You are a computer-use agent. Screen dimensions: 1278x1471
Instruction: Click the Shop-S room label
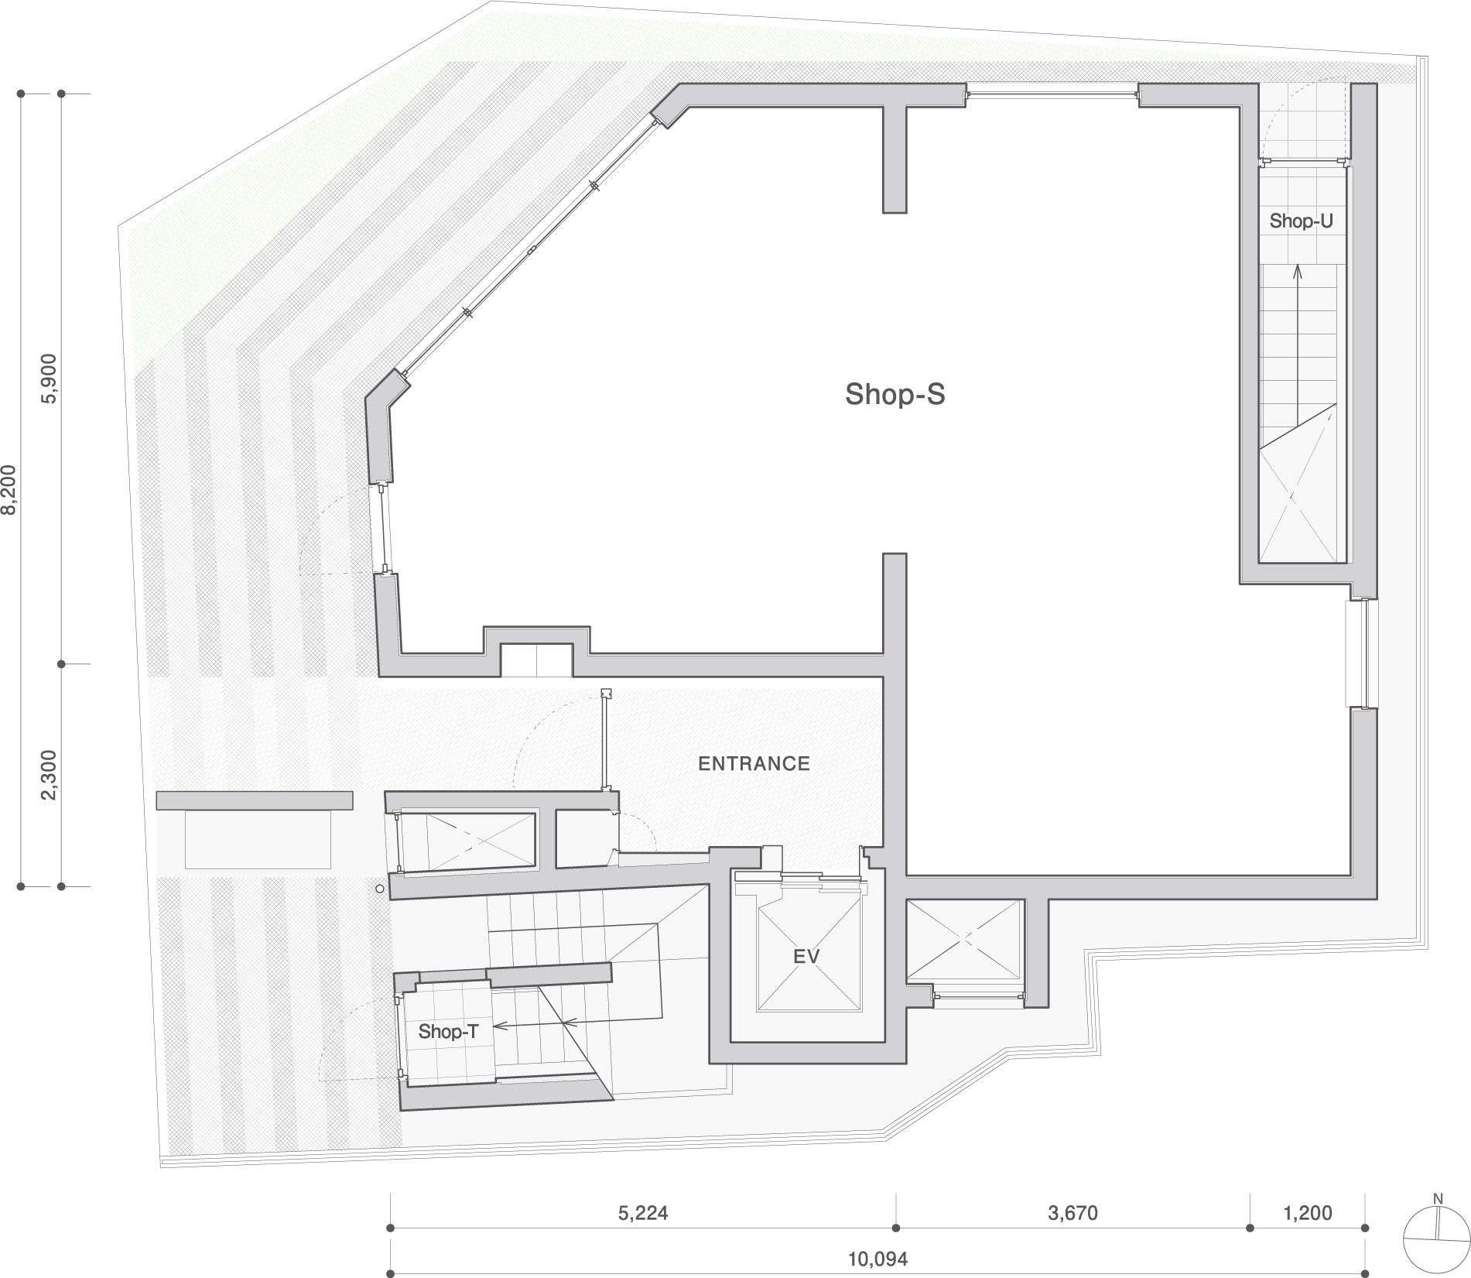[x=895, y=394]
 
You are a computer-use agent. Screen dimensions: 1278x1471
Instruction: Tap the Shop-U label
[x=1301, y=221]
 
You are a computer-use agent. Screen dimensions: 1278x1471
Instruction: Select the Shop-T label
[x=448, y=1031]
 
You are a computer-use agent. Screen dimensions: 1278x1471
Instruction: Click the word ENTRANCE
[x=754, y=763]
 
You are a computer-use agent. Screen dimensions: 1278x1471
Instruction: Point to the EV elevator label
[x=806, y=956]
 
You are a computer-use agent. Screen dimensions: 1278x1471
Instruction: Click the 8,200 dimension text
[x=9, y=489]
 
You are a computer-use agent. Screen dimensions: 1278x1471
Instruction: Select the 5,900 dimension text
[x=50, y=379]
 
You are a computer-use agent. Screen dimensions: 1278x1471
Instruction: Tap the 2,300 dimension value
[x=50, y=775]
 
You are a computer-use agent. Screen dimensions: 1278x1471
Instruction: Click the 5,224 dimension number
[x=642, y=1212]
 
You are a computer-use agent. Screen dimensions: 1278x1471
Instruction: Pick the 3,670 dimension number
[x=1072, y=1212]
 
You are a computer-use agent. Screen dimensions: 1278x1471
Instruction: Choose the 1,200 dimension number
[x=1308, y=1212]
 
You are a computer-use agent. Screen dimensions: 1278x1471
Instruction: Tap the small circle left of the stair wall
[x=379, y=889]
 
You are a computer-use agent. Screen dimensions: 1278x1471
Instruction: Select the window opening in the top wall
[x=1052, y=95]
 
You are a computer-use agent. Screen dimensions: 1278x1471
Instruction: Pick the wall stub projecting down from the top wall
[x=895, y=159]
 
